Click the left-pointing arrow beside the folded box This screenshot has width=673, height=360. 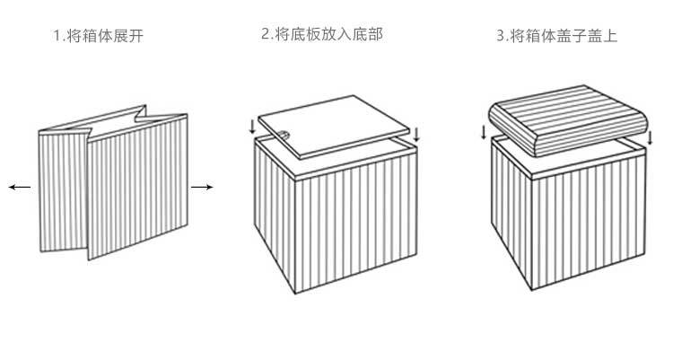coord(20,187)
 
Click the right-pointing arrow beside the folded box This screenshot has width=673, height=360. coord(202,187)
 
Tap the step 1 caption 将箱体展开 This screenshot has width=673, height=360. coord(105,36)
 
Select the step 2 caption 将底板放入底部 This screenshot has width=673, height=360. coord(328,34)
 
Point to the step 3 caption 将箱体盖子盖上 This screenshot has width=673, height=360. coord(564,35)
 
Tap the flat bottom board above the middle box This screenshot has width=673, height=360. coord(334,127)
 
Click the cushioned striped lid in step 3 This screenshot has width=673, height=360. coord(568,120)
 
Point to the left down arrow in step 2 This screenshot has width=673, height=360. coord(252,127)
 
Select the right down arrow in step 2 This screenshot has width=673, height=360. coord(415,135)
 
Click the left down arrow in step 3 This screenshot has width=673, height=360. coord(485,132)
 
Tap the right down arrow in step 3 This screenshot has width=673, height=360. coord(650,138)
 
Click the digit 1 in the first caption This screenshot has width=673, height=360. coord(57,36)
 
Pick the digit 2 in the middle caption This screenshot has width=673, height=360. coord(266,34)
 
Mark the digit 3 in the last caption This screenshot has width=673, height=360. coord(501,35)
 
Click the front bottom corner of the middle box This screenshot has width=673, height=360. coord(296,294)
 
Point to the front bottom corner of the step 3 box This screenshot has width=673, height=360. coord(532,290)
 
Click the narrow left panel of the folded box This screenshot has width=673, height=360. coord(64,191)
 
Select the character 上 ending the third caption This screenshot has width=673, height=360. coord(610,35)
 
